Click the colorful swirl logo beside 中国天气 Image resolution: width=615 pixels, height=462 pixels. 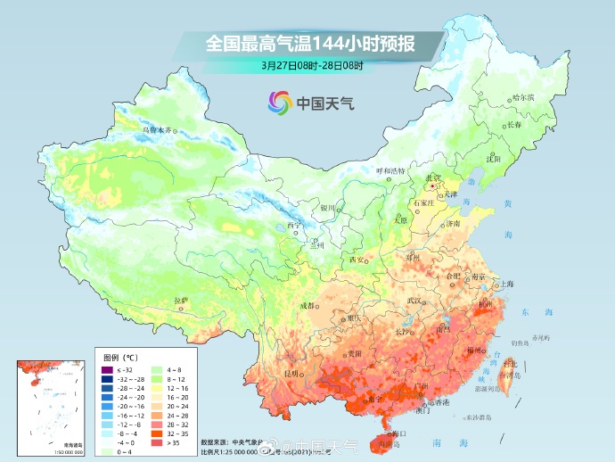point(278,103)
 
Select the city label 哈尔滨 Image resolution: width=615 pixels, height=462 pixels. point(523,96)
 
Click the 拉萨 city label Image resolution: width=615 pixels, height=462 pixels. point(181,301)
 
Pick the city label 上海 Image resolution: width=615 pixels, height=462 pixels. point(505,284)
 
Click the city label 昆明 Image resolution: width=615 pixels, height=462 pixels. point(291,372)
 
